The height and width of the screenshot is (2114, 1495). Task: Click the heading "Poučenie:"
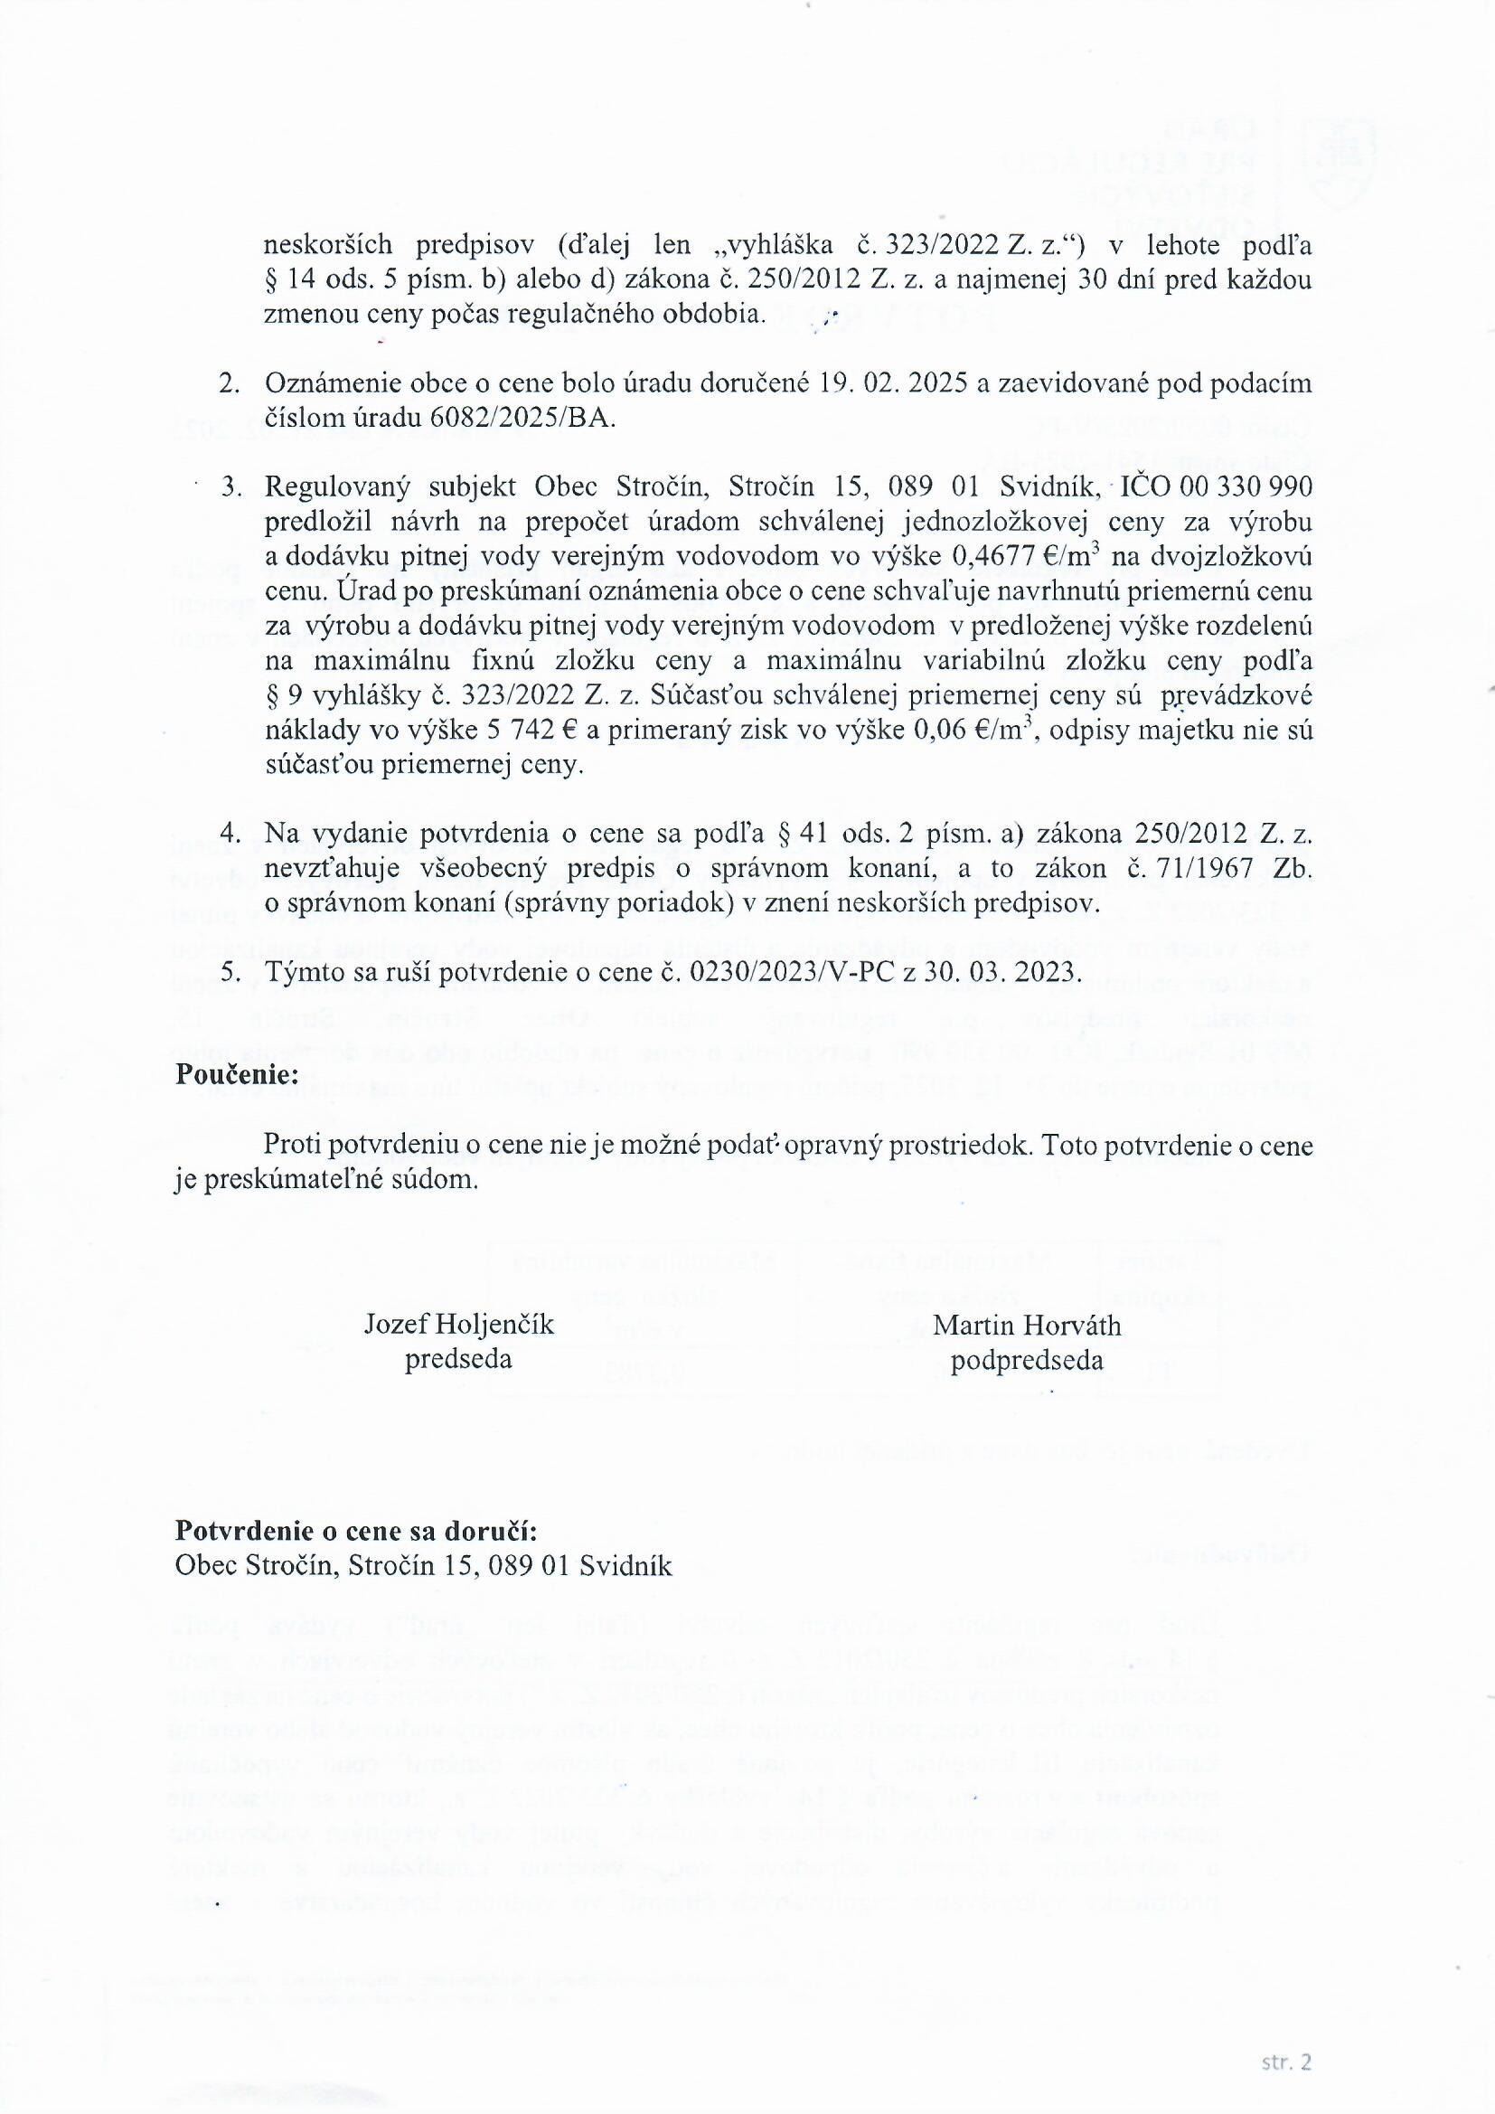[237, 1074]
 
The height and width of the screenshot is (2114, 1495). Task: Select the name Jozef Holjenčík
[458, 1325]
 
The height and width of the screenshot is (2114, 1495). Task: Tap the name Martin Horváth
[1027, 1325]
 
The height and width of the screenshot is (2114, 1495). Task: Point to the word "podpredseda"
[1027, 1360]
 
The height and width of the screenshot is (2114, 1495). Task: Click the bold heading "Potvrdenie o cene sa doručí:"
[355, 1530]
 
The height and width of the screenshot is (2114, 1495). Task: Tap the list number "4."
[230, 834]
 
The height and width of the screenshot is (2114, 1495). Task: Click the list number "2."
[230, 383]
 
